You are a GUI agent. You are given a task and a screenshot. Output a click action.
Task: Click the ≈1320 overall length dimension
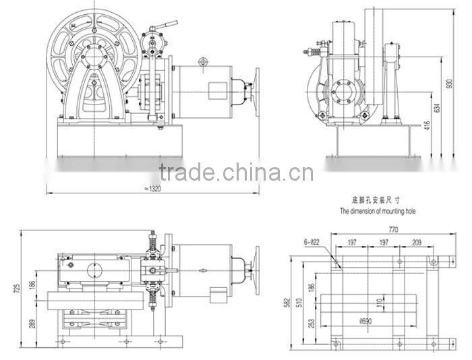pyautogui.click(x=154, y=189)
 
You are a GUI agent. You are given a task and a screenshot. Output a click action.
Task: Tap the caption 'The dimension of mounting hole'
pyautogui.click(x=378, y=211)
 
